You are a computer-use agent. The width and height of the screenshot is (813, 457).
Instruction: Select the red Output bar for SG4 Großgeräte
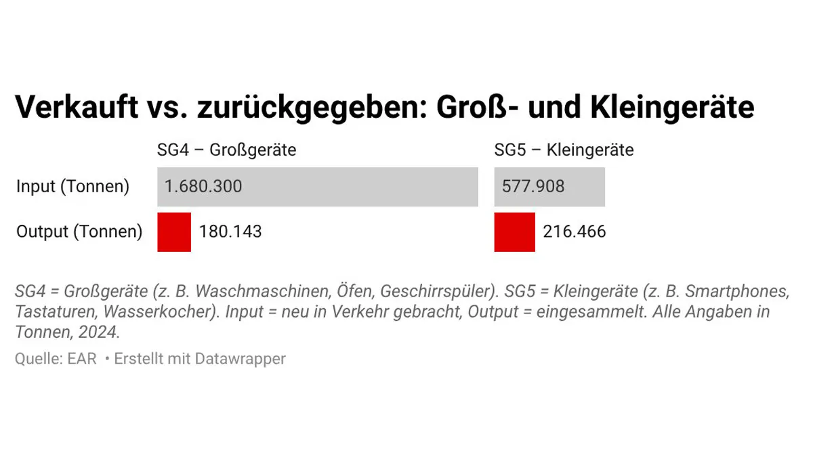click(174, 232)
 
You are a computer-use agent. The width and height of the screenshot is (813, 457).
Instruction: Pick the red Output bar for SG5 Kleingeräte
click(514, 232)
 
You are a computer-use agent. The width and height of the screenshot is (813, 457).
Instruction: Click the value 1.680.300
click(203, 187)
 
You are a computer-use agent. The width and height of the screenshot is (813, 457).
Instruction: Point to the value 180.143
click(230, 232)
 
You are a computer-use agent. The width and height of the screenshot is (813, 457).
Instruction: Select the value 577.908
click(533, 187)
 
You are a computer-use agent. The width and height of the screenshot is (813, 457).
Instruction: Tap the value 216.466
click(575, 232)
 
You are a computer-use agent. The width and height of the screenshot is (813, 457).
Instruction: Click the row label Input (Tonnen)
click(72, 187)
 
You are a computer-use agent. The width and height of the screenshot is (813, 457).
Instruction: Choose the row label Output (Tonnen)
click(79, 232)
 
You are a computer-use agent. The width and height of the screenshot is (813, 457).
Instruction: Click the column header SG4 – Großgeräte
click(226, 150)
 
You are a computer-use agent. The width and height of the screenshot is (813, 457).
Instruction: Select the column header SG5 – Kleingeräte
click(564, 150)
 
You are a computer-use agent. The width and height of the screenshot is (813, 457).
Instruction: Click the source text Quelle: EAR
click(56, 359)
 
